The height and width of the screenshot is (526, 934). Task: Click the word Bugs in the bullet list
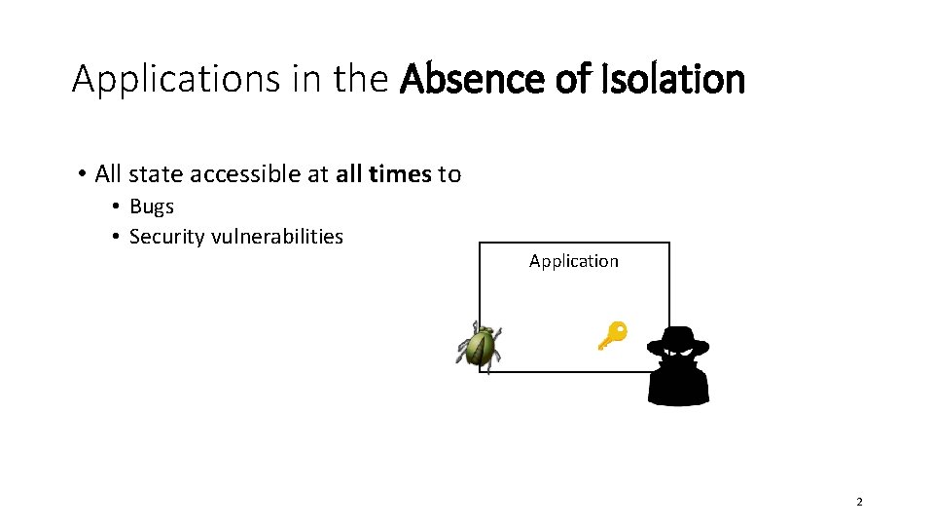pyautogui.click(x=152, y=207)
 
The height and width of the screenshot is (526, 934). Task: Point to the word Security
pyautogui.click(x=166, y=237)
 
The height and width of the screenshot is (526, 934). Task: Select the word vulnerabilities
pyautogui.click(x=277, y=237)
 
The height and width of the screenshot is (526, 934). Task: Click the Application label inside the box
pyautogui.click(x=573, y=261)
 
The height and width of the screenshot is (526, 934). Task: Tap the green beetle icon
pyautogui.click(x=479, y=345)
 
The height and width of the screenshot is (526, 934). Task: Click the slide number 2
pyautogui.click(x=859, y=502)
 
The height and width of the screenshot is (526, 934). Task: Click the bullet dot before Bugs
pyautogui.click(x=116, y=207)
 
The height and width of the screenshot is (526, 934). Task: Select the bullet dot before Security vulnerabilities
pyautogui.click(x=116, y=238)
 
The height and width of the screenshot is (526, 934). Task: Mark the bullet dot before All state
pyautogui.click(x=83, y=175)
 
